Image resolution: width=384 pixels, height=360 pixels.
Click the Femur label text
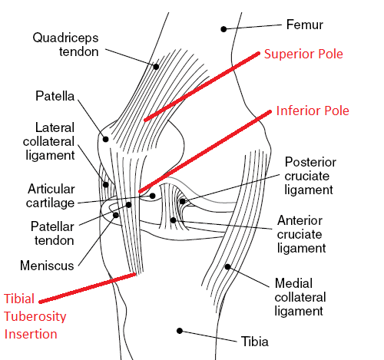[305, 25]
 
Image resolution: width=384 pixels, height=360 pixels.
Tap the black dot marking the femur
[223, 29]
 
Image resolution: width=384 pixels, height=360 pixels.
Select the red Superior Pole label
[303, 54]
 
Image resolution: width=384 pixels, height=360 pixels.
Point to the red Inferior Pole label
[313, 111]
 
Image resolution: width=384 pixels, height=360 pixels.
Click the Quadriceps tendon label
[65, 45]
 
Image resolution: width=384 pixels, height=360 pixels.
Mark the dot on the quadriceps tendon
[156, 67]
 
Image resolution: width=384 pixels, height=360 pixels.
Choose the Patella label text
[55, 96]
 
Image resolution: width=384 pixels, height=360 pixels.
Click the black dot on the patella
[105, 139]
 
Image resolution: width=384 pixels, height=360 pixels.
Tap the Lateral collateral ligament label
[49, 141]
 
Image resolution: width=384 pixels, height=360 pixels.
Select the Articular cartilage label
[51, 196]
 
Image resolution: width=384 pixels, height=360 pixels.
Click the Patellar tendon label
[52, 233]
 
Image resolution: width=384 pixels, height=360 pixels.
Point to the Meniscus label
[47, 266]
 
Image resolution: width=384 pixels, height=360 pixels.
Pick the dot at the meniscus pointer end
[116, 215]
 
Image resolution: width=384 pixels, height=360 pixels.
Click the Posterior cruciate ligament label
[310, 176]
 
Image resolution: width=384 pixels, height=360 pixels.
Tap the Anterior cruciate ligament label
[302, 234]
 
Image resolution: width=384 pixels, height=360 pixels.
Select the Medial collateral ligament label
[300, 297]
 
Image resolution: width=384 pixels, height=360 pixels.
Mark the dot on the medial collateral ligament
[227, 267]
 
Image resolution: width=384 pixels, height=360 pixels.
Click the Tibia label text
[255, 342]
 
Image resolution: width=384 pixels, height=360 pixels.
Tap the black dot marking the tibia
[180, 331]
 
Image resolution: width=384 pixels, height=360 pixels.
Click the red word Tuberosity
[35, 317]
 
